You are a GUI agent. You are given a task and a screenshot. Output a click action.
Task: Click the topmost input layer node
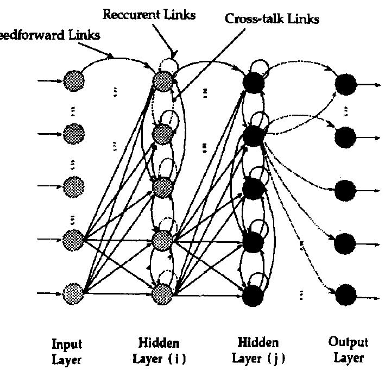[x=73, y=82]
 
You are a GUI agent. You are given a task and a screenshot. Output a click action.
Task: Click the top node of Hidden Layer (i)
[x=162, y=82]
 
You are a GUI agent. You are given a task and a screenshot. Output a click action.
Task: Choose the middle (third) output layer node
[x=345, y=190]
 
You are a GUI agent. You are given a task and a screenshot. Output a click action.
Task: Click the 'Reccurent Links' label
[x=149, y=15]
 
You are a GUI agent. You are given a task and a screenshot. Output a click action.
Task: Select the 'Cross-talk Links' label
[x=272, y=19]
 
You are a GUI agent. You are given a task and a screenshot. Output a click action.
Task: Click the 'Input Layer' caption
[x=66, y=351]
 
